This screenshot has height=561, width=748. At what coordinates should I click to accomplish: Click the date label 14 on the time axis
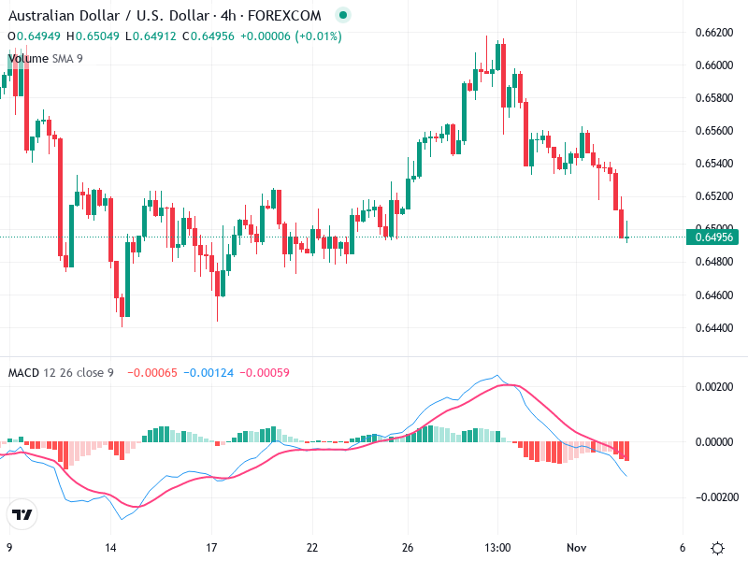(x=111, y=548)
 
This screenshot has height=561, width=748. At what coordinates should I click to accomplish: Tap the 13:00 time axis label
(x=497, y=548)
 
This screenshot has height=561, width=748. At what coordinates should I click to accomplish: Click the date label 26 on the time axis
(x=408, y=548)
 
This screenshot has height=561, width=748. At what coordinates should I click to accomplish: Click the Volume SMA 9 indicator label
(x=45, y=59)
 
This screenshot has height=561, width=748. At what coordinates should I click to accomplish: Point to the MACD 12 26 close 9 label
(x=61, y=373)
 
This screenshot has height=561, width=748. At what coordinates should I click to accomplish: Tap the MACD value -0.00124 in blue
(x=209, y=373)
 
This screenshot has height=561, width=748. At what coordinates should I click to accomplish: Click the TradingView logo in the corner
(x=22, y=514)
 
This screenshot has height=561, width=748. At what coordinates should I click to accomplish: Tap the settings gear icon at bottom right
(x=717, y=548)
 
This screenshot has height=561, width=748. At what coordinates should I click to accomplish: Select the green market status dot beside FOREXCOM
(x=343, y=16)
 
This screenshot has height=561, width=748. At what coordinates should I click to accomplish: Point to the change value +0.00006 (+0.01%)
(x=291, y=36)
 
